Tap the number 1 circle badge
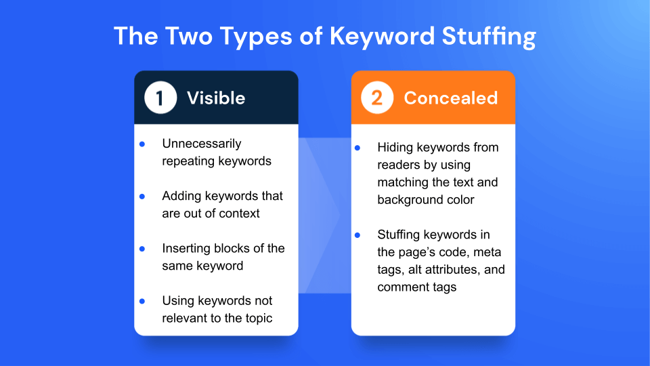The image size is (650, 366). tap(160, 98)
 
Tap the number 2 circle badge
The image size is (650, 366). tap(376, 98)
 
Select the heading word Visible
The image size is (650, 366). tap(216, 98)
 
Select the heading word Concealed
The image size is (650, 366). tap(450, 98)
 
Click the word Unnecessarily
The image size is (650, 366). tap(202, 144)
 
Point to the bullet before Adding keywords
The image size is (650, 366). tap(142, 197)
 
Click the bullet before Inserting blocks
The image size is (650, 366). tap(142, 249)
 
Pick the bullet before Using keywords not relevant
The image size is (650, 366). tap(142, 301)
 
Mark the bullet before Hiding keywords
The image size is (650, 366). tap(358, 147)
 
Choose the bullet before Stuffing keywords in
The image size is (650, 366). tap(358, 235)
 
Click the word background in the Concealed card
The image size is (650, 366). tap(408, 200)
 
